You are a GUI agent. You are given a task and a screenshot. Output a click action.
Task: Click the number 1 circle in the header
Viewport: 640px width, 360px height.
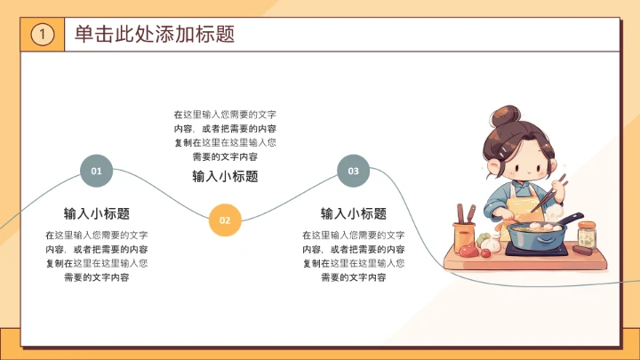[43, 35]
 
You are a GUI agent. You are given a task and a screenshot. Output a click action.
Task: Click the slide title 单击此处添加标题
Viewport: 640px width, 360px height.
[155, 35]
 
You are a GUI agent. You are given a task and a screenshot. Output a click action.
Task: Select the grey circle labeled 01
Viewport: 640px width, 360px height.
[97, 171]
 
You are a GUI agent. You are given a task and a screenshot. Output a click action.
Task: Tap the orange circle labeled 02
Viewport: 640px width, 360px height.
[225, 220]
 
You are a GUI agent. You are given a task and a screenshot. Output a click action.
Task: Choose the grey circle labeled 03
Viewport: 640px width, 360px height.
[353, 171]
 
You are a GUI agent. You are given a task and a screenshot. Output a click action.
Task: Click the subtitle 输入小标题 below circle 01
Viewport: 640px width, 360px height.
[97, 213]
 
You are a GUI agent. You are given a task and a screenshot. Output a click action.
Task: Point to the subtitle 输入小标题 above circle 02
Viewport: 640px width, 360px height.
[225, 176]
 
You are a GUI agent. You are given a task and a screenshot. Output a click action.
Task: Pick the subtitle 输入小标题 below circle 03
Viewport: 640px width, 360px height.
[353, 213]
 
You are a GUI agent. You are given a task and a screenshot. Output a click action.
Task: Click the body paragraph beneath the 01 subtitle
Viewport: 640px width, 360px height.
[97, 256]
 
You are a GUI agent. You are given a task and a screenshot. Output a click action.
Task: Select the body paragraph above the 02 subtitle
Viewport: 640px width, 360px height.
[225, 135]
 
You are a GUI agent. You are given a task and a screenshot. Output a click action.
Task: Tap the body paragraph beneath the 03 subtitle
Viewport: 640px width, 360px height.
[353, 256]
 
